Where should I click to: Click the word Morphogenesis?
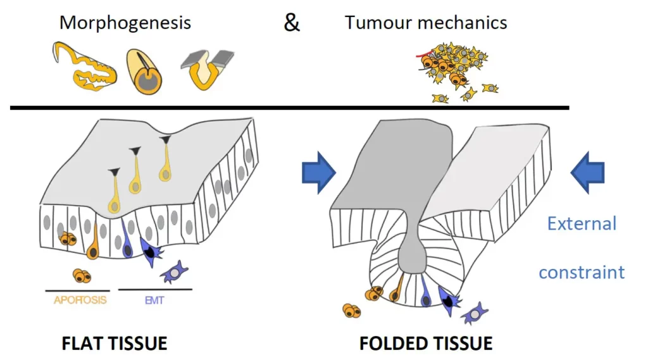point(125,23)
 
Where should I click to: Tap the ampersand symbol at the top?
point(292,23)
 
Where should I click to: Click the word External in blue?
point(581,223)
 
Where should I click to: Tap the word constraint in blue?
point(582,272)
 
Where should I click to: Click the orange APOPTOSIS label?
point(76,301)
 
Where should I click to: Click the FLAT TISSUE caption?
point(115,344)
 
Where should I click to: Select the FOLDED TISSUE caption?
point(426,344)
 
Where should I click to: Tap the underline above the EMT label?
point(155,290)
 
